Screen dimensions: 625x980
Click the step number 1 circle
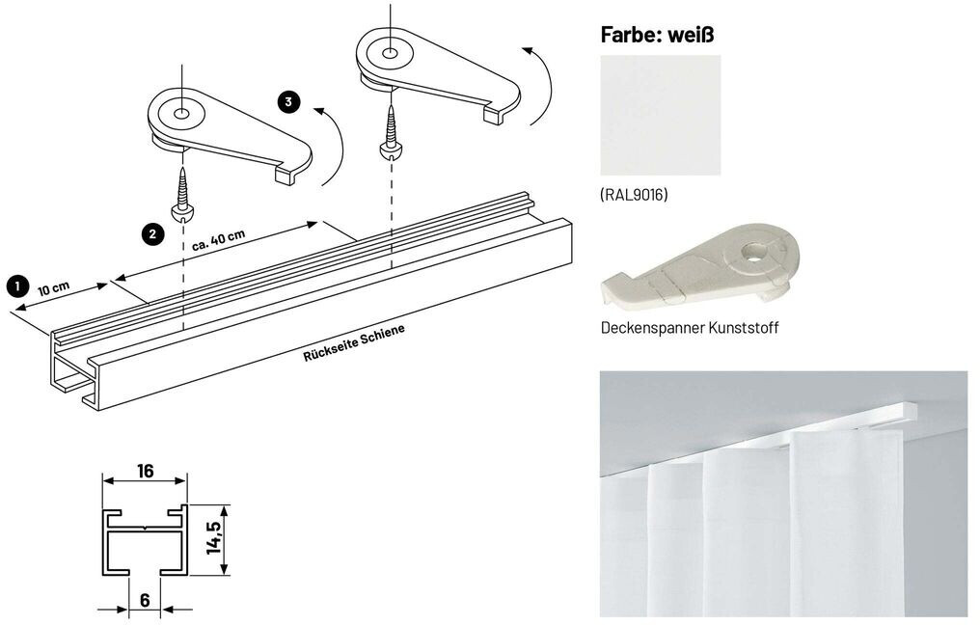click(x=16, y=285)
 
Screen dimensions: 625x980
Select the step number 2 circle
click(x=150, y=232)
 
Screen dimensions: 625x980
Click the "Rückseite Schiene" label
click(x=353, y=341)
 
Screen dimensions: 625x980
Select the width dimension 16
click(x=146, y=472)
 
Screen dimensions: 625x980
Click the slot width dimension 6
click(x=145, y=599)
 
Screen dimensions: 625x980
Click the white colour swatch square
click(x=660, y=115)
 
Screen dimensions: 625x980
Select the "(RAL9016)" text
click(x=634, y=195)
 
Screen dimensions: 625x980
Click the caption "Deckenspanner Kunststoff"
click(x=689, y=328)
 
